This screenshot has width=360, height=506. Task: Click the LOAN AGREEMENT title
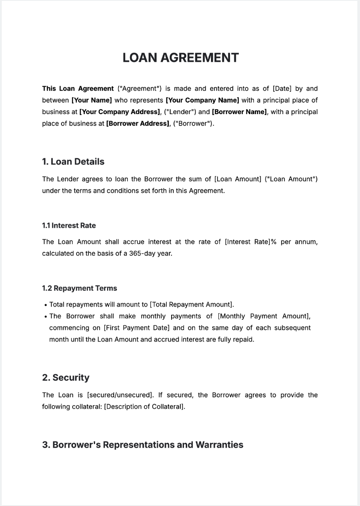pos(180,58)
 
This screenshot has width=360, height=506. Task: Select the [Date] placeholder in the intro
pos(282,88)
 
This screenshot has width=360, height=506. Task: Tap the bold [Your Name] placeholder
pos(92,100)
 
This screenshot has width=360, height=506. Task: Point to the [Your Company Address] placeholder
pos(119,112)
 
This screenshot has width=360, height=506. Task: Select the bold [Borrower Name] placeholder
pos(239,112)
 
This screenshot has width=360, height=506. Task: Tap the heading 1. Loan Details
pos(73,161)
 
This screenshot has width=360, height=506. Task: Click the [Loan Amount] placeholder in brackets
pos(237,179)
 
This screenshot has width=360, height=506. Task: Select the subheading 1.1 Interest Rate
pos(69,226)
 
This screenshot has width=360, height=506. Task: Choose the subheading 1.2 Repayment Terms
pos(79,288)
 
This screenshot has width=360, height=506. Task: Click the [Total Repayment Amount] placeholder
pos(191,305)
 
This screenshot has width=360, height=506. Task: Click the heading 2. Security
pos(65,378)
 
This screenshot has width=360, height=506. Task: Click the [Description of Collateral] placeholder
pos(144,406)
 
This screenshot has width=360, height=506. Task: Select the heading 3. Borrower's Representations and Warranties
pos(142,445)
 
